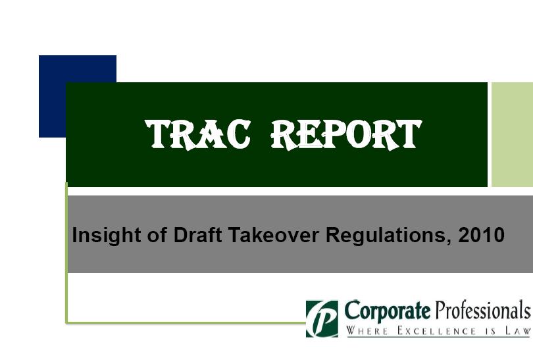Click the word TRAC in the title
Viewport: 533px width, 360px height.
point(198,135)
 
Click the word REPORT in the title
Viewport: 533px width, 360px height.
point(346,135)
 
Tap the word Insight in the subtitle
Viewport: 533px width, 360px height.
point(107,236)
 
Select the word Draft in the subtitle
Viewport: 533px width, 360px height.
point(198,235)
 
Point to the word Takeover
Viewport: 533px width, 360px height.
point(273,235)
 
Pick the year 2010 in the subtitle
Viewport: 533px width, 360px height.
point(481,235)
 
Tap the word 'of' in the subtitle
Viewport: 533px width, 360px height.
point(157,235)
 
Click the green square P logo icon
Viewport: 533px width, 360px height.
point(322,319)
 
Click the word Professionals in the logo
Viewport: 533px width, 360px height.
point(483,310)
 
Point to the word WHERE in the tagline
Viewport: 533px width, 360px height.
point(367,330)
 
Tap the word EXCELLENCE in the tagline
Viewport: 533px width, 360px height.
point(436,330)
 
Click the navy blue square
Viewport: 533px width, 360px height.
point(78,96)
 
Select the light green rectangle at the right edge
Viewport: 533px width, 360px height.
point(512,135)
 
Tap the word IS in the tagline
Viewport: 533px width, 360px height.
point(490,330)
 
